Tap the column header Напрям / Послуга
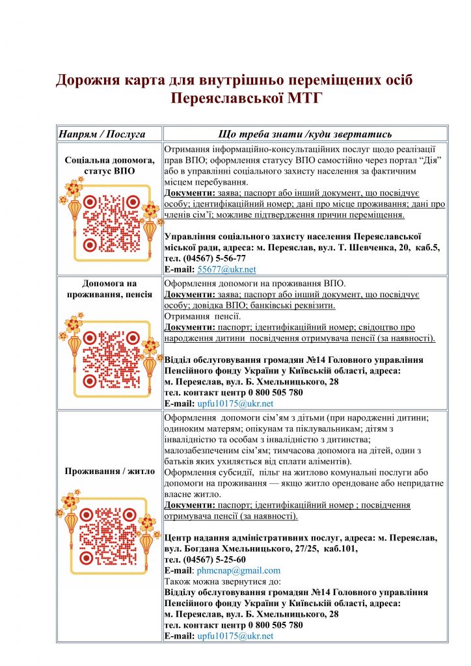(101, 134)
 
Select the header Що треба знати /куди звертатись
(304, 134)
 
